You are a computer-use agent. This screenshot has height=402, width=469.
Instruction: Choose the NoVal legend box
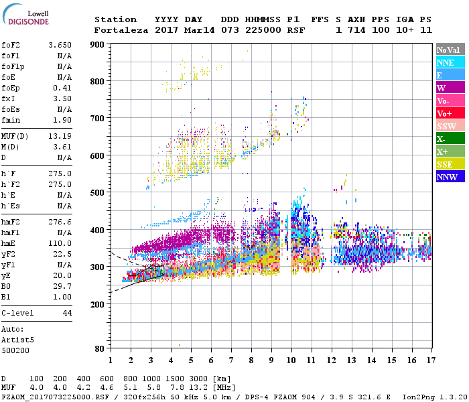pyautogui.click(x=448, y=50)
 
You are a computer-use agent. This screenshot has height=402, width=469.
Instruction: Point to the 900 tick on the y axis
pyautogui.click(x=98, y=45)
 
